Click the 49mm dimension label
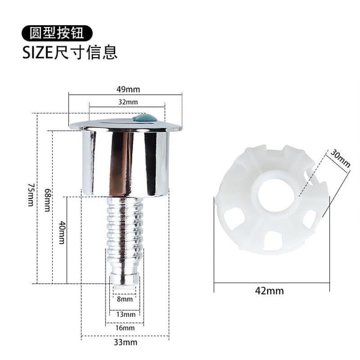tap(128, 89)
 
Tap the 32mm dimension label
tap(128, 102)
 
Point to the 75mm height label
tap(31, 194)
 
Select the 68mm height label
tap(47, 200)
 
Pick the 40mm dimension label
tap(62, 232)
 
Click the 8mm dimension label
tap(125, 299)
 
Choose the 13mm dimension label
tap(125, 314)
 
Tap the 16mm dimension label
tap(125, 328)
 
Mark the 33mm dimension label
tap(125, 343)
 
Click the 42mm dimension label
tap(269, 291)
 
